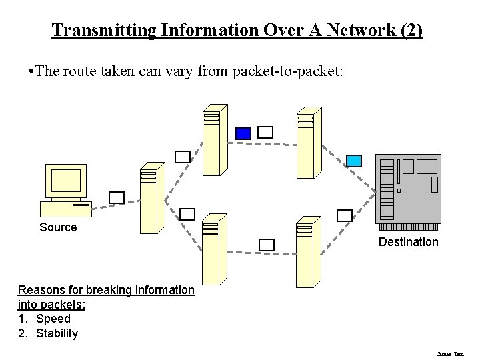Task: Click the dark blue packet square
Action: tap(243, 133)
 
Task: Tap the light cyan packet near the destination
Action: tap(354, 161)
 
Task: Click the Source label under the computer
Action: tap(58, 227)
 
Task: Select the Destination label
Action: tap(408, 242)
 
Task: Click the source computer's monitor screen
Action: tap(67, 180)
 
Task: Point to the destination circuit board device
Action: tap(408, 189)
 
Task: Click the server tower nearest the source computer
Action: tap(151, 198)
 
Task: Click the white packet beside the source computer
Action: tap(117, 197)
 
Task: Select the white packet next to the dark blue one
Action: tap(265, 132)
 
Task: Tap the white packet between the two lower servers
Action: tap(266, 245)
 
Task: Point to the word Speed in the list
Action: tap(53, 319)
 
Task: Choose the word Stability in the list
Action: tap(57, 333)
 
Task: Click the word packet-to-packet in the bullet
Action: tap(288, 71)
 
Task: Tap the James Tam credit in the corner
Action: tap(450, 354)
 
